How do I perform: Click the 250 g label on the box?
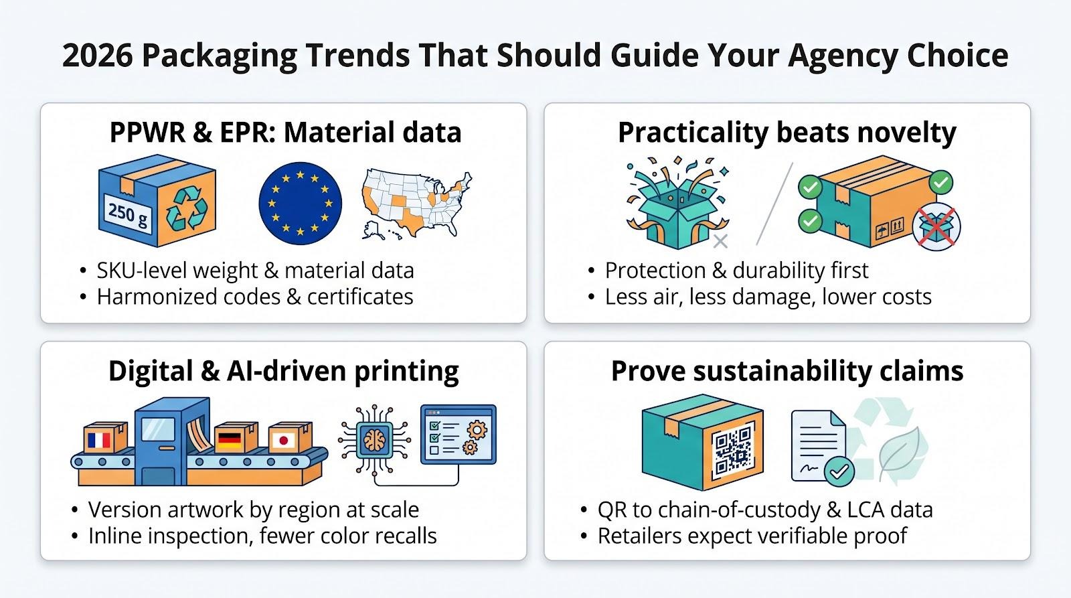[x=128, y=214]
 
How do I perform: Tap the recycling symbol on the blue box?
[x=187, y=208]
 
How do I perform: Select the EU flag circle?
[x=301, y=204]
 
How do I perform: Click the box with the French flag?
[x=106, y=437]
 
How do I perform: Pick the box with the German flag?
[x=236, y=437]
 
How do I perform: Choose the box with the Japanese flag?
[x=290, y=437]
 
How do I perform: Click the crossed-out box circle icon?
[x=936, y=227]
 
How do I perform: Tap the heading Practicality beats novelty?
[x=787, y=133]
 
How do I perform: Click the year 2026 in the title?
[x=97, y=56]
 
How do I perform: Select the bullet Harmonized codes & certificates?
[x=255, y=297]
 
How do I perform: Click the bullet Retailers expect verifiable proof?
[x=752, y=536]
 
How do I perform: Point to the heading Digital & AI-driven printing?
[x=284, y=371]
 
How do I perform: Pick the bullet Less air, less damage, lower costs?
[x=768, y=297]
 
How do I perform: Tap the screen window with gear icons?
[x=458, y=435]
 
